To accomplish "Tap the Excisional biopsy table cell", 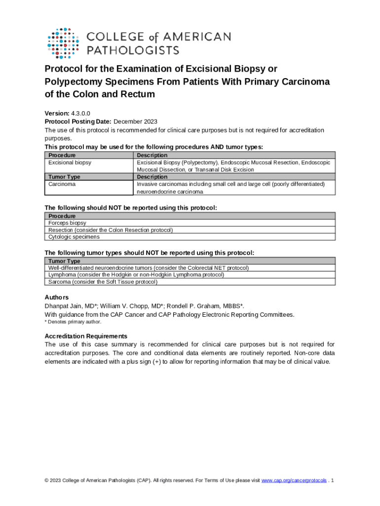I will [70, 162].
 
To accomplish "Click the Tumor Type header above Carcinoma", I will [64, 177].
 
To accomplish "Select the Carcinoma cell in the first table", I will [62, 184].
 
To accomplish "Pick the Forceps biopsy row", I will [67, 223].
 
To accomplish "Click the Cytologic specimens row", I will [74, 237].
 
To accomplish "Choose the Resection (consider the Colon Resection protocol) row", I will [111, 230].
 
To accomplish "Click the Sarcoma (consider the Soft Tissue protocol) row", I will [103, 282].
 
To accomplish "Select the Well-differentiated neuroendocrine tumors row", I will [148, 268].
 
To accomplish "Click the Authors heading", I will [57, 297].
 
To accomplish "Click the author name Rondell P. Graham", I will [192, 306].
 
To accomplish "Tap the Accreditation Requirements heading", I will [86, 336].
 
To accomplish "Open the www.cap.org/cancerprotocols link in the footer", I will [294, 481].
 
